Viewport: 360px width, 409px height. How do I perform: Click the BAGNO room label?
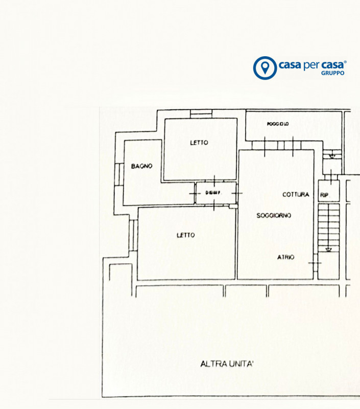pos(141,166)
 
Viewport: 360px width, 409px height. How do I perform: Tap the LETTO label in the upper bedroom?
pos(199,143)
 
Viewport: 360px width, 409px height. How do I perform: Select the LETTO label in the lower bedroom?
pos(185,235)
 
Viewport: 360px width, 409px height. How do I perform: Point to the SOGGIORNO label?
pos(274,216)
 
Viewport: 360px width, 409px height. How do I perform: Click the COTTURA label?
pos(296,195)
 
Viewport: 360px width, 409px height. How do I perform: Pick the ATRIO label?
pos(285,257)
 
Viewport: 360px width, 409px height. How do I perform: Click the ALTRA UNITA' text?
pos(227,364)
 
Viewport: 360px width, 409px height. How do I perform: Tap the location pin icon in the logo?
pos(264,67)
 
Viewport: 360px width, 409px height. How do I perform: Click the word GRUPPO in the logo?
pos(332,73)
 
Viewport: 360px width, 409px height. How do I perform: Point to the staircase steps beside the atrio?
pos(328,225)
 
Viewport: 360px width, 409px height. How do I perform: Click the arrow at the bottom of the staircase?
pos(328,249)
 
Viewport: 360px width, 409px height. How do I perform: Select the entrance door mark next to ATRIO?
pos(315,263)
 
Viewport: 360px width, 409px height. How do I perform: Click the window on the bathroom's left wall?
pos(117,174)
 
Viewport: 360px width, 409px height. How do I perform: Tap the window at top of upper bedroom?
pos(201,113)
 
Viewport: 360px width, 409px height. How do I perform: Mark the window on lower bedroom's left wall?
pos(131,235)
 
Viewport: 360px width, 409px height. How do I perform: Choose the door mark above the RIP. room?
pos(332,177)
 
